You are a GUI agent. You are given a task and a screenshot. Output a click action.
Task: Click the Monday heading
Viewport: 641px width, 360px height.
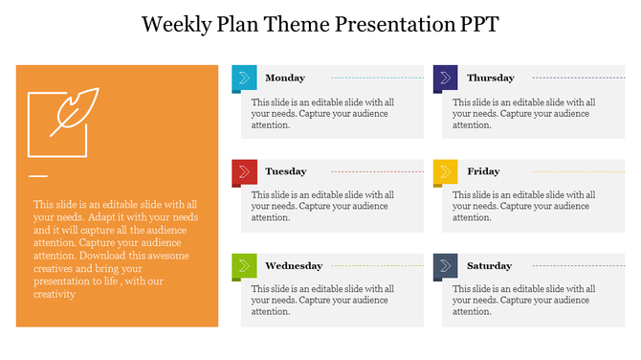pyautogui.click(x=285, y=78)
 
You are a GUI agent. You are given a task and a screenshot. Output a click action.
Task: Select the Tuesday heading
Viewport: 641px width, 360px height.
pyautogui.click(x=285, y=171)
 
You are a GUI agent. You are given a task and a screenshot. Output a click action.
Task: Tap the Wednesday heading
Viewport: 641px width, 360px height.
pyautogui.click(x=294, y=265)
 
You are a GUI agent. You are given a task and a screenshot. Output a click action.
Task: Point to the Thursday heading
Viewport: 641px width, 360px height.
pyautogui.click(x=490, y=78)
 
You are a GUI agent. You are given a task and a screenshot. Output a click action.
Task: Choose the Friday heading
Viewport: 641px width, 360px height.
pyautogui.click(x=483, y=171)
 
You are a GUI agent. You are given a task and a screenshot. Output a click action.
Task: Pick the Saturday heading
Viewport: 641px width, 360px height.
pyautogui.click(x=489, y=265)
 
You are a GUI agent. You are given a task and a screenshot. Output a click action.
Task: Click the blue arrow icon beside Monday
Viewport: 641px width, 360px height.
pyautogui.click(x=244, y=78)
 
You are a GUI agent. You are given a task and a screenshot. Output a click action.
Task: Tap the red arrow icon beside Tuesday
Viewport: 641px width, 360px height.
pyautogui.click(x=244, y=171)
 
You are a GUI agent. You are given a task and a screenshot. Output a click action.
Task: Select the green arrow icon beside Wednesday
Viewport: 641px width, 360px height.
pyautogui.click(x=244, y=265)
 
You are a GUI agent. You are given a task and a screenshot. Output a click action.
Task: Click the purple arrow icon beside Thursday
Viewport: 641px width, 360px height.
pyautogui.click(x=445, y=78)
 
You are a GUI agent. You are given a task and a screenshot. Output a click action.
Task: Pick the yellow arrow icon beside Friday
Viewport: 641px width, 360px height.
pyautogui.click(x=445, y=171)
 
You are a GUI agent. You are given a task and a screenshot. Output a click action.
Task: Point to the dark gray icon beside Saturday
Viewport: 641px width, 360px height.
pyautogui.click(x=445, y=265)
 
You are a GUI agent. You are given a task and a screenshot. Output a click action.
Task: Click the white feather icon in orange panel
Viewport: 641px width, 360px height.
pyautogui.click(x=73, y=111)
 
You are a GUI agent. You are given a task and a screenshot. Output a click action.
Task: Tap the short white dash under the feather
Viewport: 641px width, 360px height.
pyautogui.click(x=37, y=176)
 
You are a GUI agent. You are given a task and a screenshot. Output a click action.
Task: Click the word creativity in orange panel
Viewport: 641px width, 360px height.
pyautogui.click(x=54, y=294)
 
